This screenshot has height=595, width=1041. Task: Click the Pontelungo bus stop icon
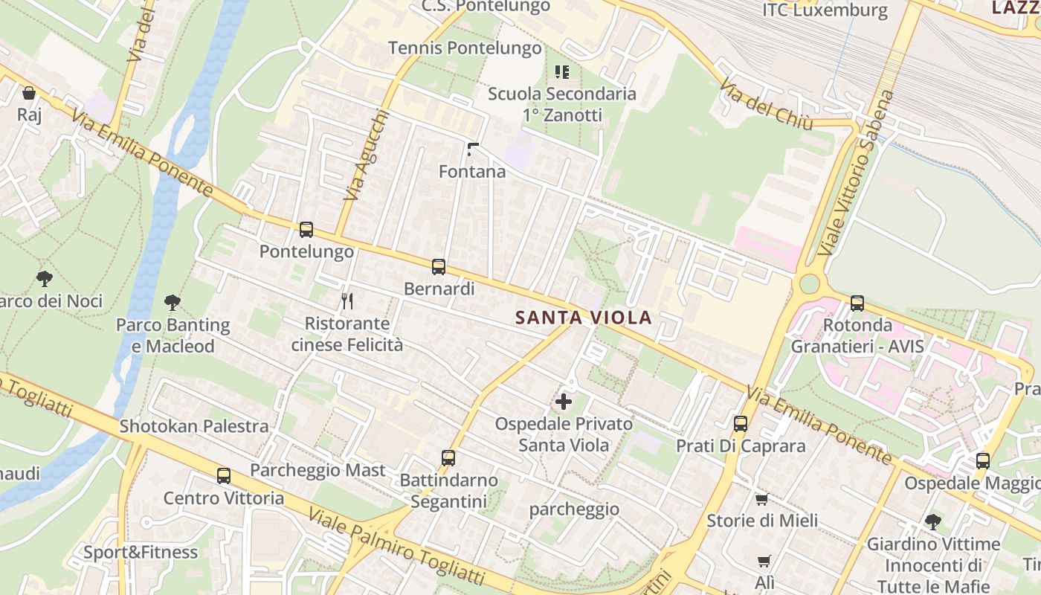[306, 230]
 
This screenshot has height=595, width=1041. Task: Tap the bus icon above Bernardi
[439, 267]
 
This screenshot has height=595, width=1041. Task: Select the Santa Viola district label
[584, 318]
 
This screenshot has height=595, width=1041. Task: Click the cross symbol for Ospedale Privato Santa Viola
[564, 402]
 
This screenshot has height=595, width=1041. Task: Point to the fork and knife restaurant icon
[347, 301]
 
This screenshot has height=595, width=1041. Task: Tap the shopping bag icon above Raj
[29, 93]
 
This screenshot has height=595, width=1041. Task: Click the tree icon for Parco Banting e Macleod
[173, 303]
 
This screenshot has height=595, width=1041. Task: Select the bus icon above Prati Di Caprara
[741, 424]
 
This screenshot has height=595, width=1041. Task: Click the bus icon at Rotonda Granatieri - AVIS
[857, 303]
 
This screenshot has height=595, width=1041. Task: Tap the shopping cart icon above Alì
[764, 561]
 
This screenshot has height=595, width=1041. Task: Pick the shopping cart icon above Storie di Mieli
[761, 499]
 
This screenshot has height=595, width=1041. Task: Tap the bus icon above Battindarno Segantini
[448, 458]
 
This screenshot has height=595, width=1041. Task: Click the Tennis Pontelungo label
[465, 48]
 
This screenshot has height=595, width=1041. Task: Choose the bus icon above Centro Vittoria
[224, 476]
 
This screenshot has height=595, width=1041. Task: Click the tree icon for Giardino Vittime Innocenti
[932, 522]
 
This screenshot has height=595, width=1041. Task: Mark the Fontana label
[472, 172]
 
